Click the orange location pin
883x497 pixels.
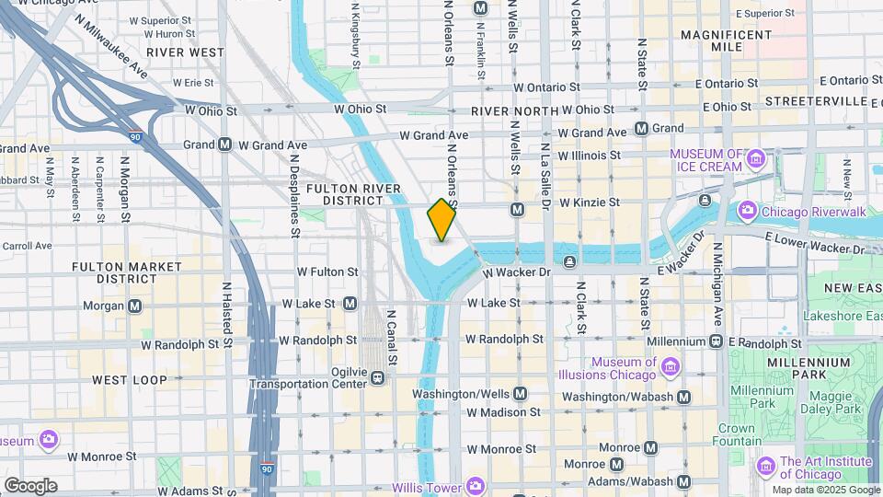point(442,219)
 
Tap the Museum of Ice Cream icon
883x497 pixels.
point(755,159)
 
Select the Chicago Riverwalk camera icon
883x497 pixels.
point(747,212)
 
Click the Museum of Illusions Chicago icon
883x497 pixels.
point(670,368)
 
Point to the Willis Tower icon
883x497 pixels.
point(475,485)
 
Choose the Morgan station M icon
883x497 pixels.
point(135,306)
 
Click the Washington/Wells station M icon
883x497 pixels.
point(521,394)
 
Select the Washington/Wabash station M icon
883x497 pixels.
point(682,397)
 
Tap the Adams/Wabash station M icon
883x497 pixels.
point(683,480)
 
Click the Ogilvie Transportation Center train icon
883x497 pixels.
point(376,377)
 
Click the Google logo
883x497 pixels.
point(30,485)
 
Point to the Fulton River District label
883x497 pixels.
point(354,194)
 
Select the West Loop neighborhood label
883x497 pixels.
point(130,379)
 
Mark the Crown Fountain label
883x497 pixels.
point(736,434)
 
